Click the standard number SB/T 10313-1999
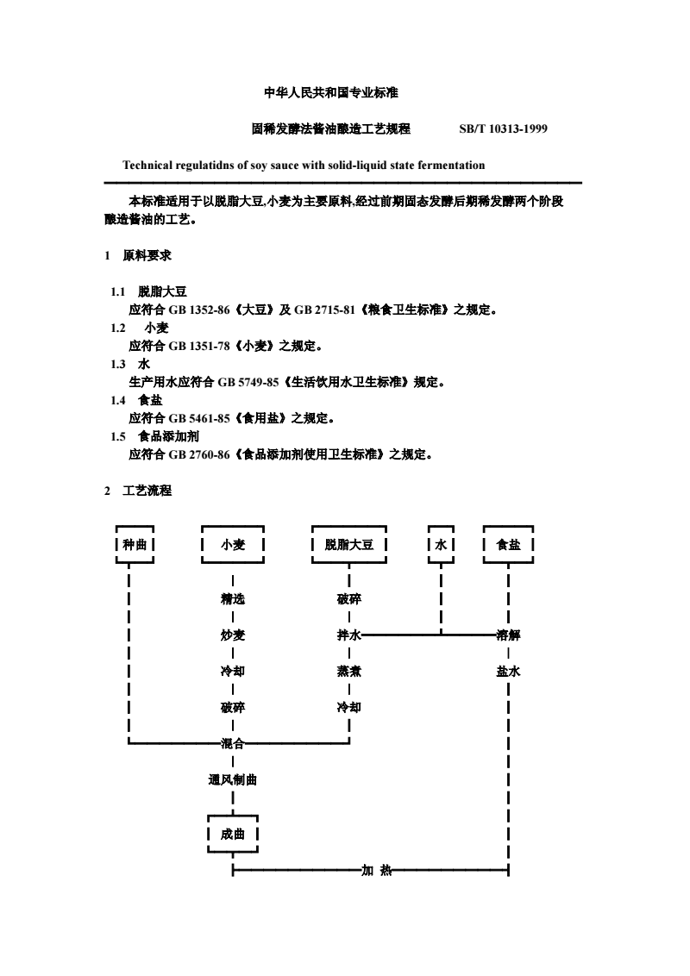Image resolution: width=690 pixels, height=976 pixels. coord(503,128)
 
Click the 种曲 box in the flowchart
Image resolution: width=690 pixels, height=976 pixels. coord(135,545)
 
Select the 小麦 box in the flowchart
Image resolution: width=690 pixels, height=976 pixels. coord(233,545)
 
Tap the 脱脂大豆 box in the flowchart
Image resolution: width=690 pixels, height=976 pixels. coord(348,545)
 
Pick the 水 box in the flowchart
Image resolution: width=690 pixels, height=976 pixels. coord(441,545)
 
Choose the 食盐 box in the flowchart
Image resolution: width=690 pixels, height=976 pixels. coord(508,545)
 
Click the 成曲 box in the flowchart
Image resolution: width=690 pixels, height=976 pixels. coord(233,834)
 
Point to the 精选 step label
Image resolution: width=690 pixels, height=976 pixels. coord(233,599)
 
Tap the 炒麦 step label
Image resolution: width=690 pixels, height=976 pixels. coord(233,635)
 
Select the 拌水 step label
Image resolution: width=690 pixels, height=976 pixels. coord(348,635)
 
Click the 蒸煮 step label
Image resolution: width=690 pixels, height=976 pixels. coord(348,671)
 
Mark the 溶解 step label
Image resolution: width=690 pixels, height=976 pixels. coord(508,635)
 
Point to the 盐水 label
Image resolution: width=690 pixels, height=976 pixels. coord(508,671)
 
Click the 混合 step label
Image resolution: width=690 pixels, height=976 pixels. coord(233,743)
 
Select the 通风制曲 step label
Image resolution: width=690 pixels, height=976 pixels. coord(233,779)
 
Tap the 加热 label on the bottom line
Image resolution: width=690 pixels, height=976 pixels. coord(377,870)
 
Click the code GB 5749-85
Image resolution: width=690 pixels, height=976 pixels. coord(248,382)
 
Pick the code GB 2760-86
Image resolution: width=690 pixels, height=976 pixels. coord(199,454)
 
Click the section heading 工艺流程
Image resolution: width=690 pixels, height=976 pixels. coord(147,491)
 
